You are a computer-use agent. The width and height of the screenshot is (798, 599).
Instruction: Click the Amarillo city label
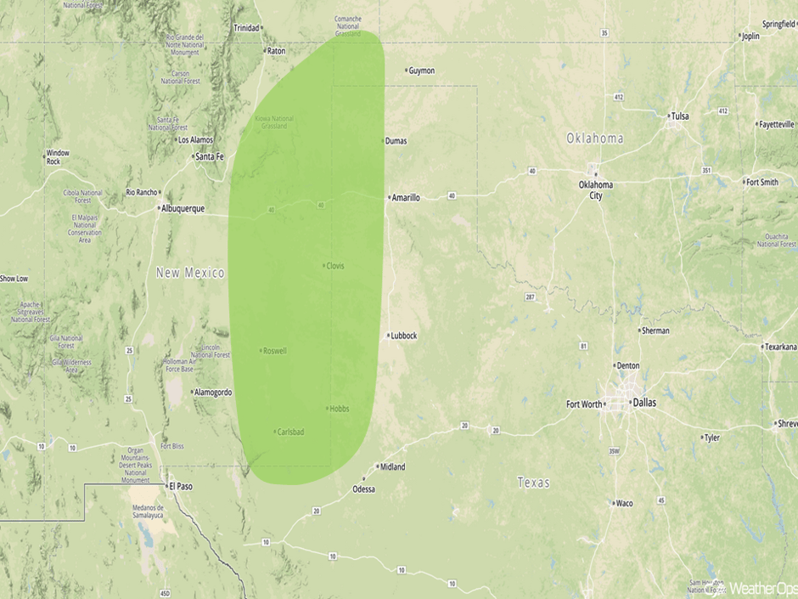pos(405,198)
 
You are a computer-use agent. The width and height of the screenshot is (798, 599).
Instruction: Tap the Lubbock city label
pos(403,336)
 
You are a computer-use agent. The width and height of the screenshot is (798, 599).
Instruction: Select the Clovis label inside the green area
pos(334,266)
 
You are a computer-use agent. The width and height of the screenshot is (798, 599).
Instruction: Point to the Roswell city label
pos(275,351)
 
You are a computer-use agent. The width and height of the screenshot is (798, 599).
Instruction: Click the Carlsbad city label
pos(290,432)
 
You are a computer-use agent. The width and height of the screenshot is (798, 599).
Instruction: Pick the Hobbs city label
pos(339,409)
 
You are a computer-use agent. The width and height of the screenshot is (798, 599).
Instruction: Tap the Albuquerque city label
pos(183,208)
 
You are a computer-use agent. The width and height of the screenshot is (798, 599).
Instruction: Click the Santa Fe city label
pos(209,156)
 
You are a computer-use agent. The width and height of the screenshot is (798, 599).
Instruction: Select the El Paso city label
pos(181,485)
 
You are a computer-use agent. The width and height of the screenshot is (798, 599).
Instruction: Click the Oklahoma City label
pos(596,189)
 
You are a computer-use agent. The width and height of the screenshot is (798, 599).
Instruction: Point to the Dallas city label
pos(643,403)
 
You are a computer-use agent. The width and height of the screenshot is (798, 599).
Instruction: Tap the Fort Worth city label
pos(584,404)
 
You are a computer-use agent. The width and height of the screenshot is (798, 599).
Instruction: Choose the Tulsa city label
pos(680,116)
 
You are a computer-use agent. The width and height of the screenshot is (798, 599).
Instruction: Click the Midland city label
pos(392,467)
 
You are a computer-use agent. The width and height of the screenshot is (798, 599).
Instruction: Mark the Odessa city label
pos(363,489)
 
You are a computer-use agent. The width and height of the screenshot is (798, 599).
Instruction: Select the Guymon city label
pos(421,71)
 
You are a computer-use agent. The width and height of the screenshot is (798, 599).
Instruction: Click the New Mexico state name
pos(190,273)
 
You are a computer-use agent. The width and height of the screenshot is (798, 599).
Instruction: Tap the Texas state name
pos(533,483)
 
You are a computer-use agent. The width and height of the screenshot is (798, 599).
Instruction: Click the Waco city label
pos(624,503)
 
